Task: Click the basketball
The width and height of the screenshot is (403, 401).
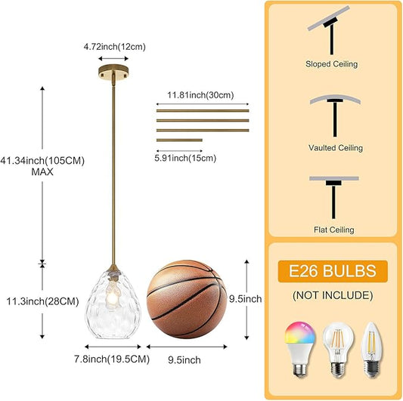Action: point(187,299)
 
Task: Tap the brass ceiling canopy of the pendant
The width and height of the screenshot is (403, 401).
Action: point(113,72)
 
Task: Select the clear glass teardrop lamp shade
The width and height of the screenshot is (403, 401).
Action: point(113,304)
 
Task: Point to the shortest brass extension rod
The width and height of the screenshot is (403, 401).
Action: point(179,140)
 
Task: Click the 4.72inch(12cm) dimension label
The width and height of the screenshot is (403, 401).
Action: point(115,47)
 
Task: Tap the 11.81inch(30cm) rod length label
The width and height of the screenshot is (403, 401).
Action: point(200,95)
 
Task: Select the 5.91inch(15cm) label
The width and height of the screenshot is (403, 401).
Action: point(185,158)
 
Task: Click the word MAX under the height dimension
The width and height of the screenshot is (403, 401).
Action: point(42,171)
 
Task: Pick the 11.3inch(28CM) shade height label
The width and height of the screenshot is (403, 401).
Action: point(42,301)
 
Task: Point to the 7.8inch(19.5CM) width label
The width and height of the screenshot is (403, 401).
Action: point(112,359)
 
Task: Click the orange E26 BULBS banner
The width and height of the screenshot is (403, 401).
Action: point(333,271)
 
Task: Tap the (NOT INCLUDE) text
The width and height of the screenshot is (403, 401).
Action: point(333,295)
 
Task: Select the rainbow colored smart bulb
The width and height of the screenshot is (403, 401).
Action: point(300,349)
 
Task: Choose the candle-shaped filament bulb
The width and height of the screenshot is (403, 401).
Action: point(372,350)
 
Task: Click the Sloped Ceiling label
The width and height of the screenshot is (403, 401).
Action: point(332,64)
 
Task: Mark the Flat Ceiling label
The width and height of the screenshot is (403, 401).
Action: point(334,230)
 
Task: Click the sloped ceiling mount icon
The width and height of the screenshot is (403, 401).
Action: point(330,30)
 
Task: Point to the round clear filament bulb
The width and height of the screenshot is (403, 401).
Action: point(338,350)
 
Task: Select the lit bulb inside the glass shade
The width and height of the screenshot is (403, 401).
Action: point(113,295)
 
